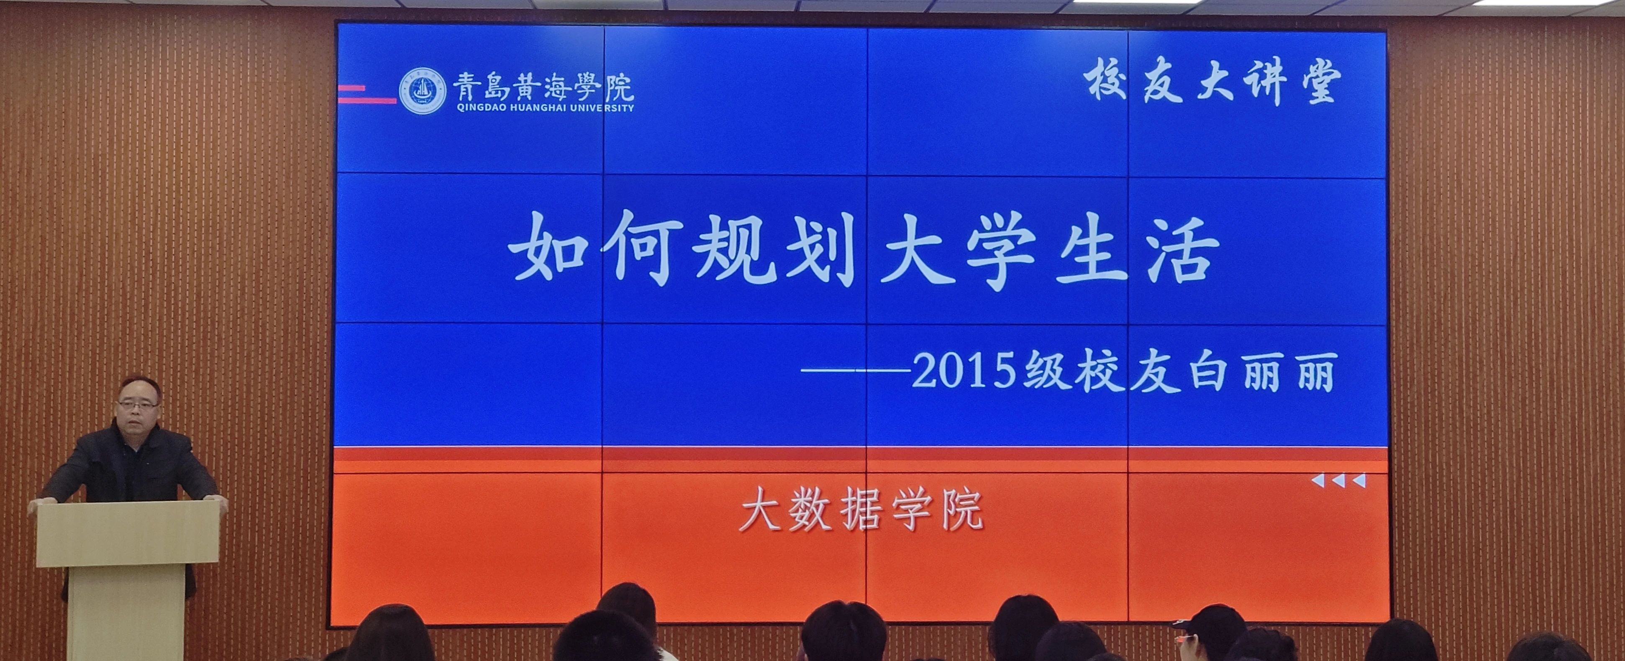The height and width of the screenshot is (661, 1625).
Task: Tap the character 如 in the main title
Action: [x=548, y=246]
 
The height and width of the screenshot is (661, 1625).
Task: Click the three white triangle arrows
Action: [x=1338, y=481]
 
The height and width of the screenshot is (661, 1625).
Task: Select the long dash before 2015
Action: [x=856, y=371]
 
